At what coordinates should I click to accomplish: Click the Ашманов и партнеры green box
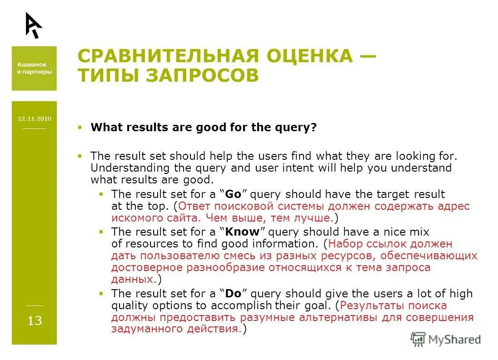(x=35, y=68)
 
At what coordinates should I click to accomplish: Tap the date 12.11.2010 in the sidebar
(x=35, y=119)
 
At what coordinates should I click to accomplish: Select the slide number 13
(x=35, y=321)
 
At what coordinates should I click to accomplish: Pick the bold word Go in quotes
(x=233, y=194)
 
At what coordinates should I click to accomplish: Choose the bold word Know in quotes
(x=242, y=232)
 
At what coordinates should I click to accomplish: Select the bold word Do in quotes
(x=233, y=293)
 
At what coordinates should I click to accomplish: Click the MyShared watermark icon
(x=418, y=339)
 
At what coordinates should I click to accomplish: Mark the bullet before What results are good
(x=80, y=128)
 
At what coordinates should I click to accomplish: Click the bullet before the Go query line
(x=101, y=194)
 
